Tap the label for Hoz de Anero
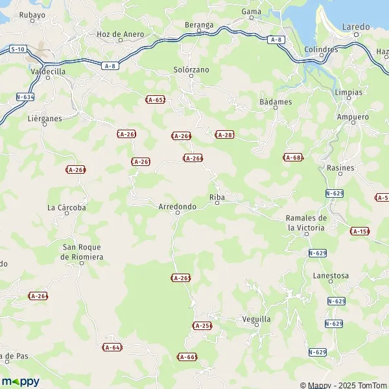(120, 34)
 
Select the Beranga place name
(198, 25)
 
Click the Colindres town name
(320, 49)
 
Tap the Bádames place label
(276, 102)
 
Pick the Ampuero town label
(353, 117)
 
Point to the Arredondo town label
(177, 206)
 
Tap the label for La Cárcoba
(67, 207)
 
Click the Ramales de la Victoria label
(307, 222)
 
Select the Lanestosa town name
(331, 276)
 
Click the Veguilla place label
(255, 319)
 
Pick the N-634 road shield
(25, 97)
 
